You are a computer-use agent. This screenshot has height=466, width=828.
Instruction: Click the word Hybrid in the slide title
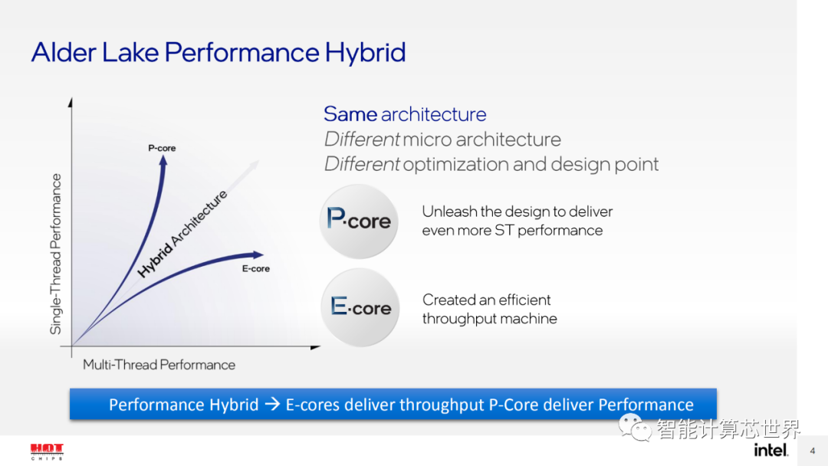pos(365,53)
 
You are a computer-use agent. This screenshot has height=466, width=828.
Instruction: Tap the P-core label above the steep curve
pos(162,148)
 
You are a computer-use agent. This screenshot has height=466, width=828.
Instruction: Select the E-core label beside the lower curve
pos(255,269)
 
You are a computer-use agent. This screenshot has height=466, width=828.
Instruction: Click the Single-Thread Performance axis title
pos(56,254)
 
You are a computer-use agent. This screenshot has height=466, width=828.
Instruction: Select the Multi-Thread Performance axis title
pos(159,365)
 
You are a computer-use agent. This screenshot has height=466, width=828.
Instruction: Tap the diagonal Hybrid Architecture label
pos(182,234)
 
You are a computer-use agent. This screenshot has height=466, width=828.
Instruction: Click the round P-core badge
pos(359,221)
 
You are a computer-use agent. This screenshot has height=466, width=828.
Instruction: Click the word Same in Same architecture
pos(350,114)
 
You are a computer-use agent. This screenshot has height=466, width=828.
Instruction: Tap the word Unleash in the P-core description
pos(449,212)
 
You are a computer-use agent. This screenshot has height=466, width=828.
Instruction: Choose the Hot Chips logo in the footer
pos(47,451)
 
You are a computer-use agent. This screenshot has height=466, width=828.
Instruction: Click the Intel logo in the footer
pos(770,450)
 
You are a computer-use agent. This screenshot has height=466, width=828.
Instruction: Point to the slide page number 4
pos(813,451)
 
